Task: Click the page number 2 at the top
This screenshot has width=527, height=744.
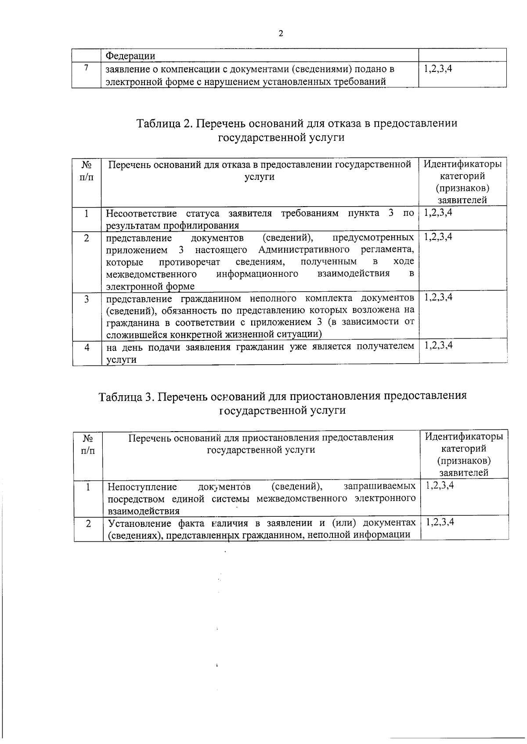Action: click(x=281, y=34)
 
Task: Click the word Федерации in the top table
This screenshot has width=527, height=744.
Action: click(x=131, y=56)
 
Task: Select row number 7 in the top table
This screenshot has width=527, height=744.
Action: click(x=87, y=68)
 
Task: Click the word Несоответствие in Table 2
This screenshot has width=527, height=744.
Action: click(x=141, y=214)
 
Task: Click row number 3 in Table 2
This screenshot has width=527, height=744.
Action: click(x=87, y=299)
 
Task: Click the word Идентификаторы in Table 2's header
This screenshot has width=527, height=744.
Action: click(x=462, y=165)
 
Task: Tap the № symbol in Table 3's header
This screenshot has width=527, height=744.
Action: click(x=87, y=437)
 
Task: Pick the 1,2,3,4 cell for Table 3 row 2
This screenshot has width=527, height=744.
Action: click(x=440, y=522)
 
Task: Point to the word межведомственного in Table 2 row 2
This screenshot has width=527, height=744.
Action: click(x=151, y=274)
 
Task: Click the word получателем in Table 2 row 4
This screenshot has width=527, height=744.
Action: click(x=385, y=347)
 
